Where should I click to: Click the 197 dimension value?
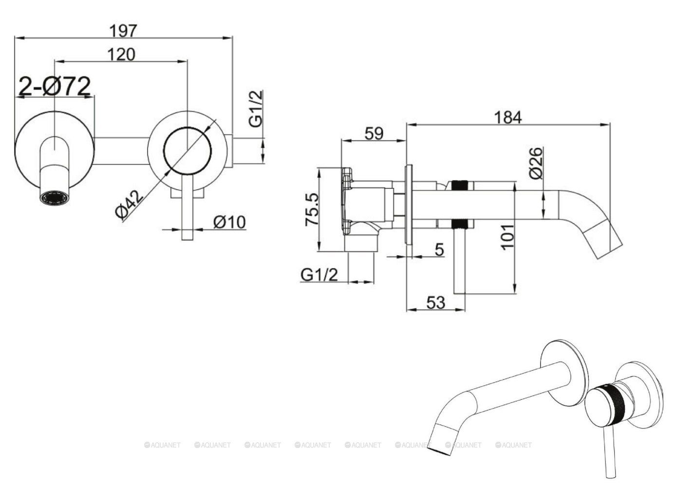124,30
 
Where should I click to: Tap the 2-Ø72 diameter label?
55,87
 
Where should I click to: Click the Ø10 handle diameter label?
229,222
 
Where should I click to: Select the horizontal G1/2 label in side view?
319,275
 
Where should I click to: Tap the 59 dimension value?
374,133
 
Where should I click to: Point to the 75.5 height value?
312,209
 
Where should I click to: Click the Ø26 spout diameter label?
535,163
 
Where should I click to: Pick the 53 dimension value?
435,302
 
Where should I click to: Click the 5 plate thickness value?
439,250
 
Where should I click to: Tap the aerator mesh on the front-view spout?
55,198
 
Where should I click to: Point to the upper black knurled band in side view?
460,186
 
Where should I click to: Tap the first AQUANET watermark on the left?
163,445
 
